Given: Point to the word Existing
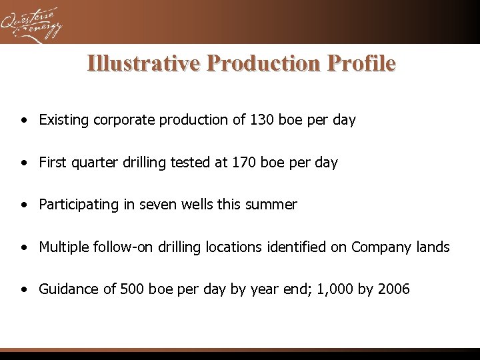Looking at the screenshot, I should click(x=65, y=120).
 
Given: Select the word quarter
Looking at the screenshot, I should click(x=95, y=163).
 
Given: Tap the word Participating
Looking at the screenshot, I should click(x=79, y=205).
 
